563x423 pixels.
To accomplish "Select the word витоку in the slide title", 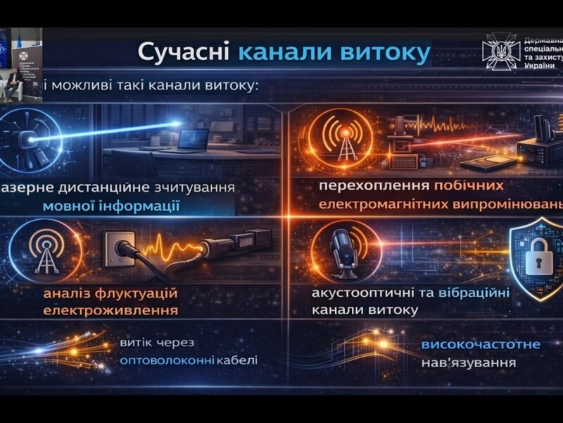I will (x=384, y=54).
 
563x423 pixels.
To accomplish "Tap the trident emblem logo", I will (x=500, y=51).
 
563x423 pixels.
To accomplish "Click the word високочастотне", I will (x=481, y=345).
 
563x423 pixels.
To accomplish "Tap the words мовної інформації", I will (x=110, y=207).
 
